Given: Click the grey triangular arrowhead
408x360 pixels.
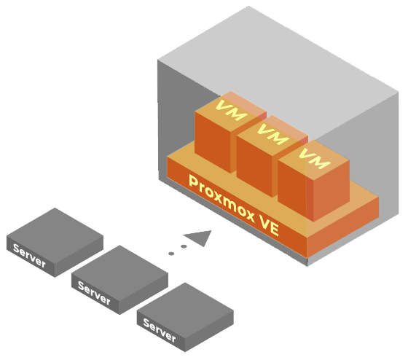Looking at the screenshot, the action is click(x=200, y=238).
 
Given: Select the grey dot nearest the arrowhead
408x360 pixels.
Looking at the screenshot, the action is click(x=184, y=246).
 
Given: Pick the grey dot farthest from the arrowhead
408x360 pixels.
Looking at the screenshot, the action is click(x=171, y=254).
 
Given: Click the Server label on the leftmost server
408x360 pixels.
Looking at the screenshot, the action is click(x=29, y=256).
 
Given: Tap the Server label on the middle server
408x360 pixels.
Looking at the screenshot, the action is click(x=94, y=293).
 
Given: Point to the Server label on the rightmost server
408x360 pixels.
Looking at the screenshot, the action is click(x=160, y=330).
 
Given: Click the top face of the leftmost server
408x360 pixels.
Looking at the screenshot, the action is click(x=55, y=235).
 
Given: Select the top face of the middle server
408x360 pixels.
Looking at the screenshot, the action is click(x=119, y=273).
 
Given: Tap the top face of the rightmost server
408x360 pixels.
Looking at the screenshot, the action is click(x=185, y=310).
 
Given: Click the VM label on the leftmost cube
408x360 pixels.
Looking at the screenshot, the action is click(x=232, y=110).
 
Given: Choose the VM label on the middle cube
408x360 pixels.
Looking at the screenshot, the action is click(x=273, y=134).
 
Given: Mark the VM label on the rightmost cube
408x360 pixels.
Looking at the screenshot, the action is click(x=314, y=158).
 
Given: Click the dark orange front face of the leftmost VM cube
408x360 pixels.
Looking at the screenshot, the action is click(x=213, y=142).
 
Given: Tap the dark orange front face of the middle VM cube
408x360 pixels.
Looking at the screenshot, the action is click(x=254, y=166).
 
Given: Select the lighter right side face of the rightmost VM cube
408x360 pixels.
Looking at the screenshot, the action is click(x=331, y=190).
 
